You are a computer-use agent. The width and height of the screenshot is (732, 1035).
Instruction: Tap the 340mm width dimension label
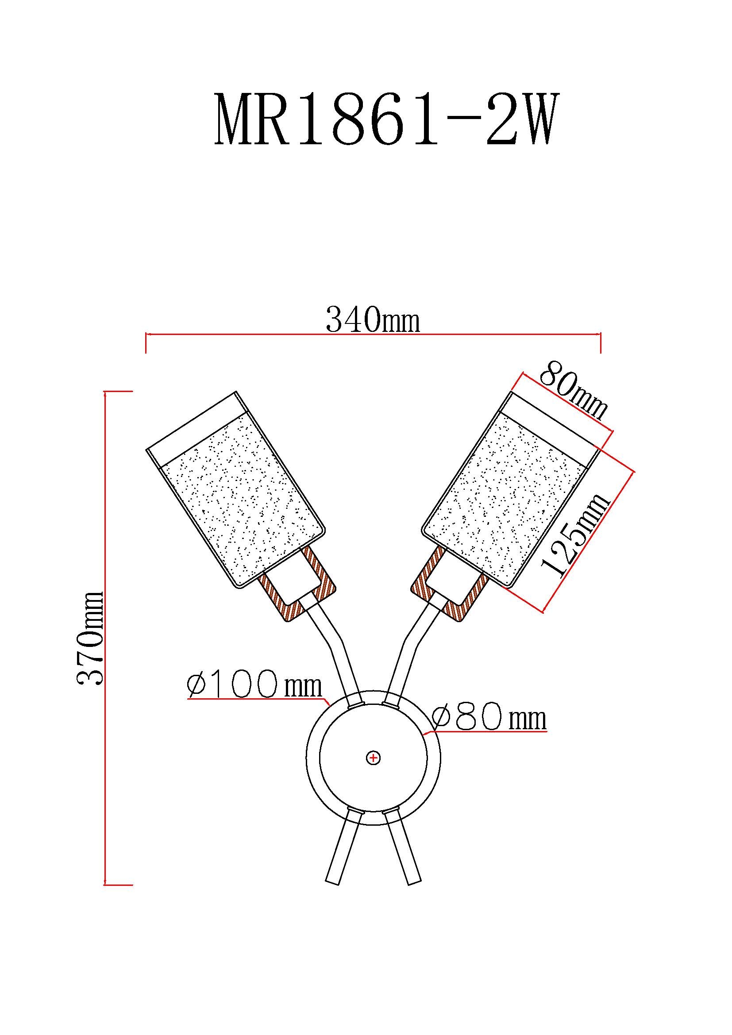373,319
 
